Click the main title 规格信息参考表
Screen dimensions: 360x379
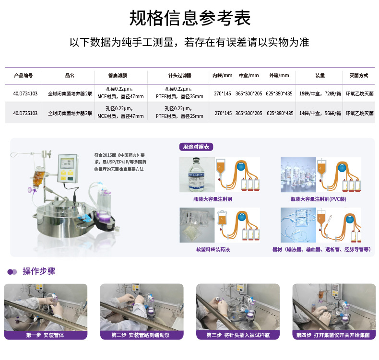tap(189, 18)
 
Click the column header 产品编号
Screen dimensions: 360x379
tap(23, 76)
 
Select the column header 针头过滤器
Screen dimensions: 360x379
tap(179, 76)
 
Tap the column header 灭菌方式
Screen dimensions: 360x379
tap(358, 76)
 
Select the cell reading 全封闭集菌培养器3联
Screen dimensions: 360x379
tap(70, 113)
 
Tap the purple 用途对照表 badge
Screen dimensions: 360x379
tap(196, 147)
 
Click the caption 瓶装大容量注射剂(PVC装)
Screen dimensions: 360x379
tap(318, 198)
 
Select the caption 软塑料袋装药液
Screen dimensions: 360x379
tap(213, 249)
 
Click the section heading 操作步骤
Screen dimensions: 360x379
tap(39, 271)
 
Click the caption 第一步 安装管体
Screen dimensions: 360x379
tap(45, 335)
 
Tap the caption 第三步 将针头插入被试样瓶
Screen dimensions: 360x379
tap(237, 335)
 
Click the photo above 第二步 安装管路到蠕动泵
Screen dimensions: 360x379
tap(142, 307)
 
